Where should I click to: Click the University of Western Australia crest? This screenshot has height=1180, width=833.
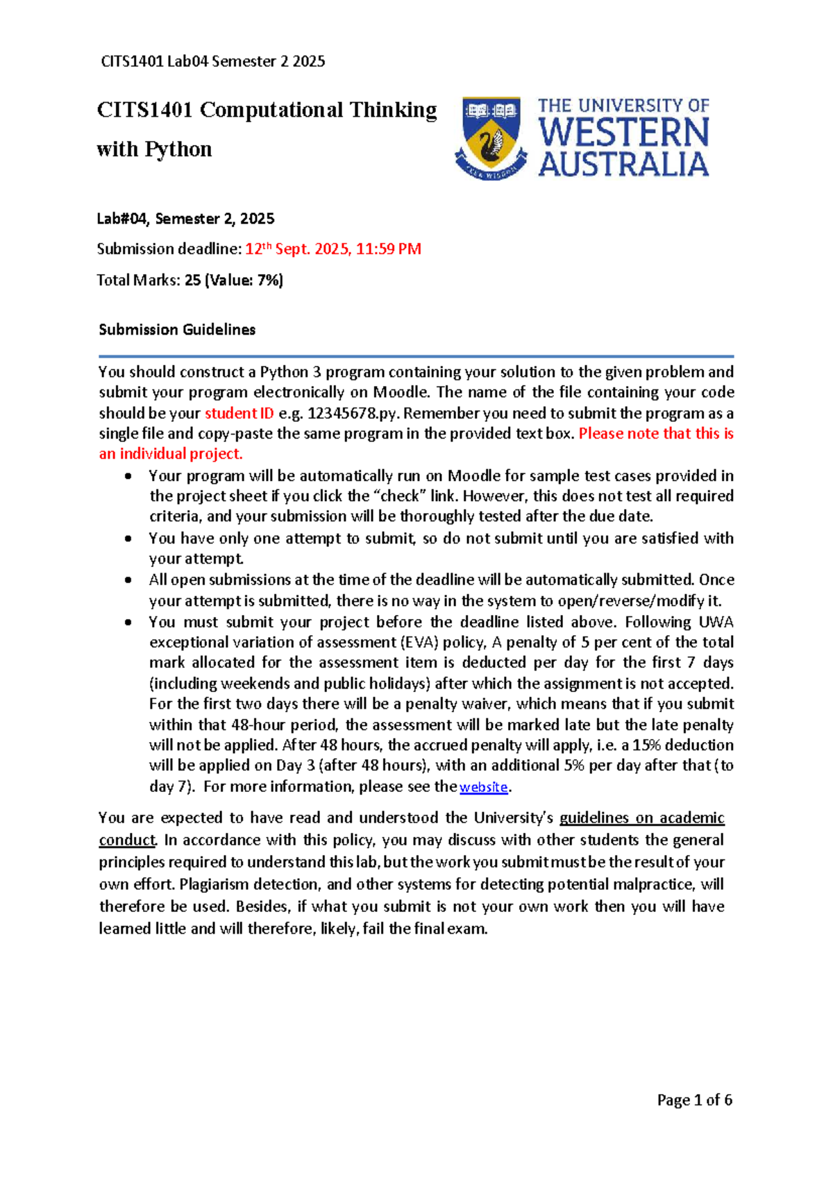tap(491, 137)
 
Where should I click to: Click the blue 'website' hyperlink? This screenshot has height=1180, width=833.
tap(484, 787)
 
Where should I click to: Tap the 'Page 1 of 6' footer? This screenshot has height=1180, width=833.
tap(694, 1099)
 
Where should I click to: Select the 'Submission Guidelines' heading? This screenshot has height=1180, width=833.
tap(177, 330)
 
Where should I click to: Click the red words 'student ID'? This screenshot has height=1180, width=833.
tap(239, 413)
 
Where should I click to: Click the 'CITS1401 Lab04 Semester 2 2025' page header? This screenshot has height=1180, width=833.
tap(213, 61)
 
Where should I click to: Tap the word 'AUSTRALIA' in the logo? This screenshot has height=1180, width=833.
tap(623, 165)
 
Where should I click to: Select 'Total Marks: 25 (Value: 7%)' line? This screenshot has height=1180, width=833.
tap(190, 280)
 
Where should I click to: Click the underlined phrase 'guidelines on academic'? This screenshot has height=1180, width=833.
tap(641, 818)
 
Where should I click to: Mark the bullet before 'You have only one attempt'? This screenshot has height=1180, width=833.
tap(128, 539)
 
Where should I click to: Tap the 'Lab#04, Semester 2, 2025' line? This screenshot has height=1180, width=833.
tap(185, 219)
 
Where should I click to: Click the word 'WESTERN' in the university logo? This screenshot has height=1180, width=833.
tap(623, 132)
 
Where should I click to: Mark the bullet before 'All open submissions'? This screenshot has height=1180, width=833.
tap(128, 580)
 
